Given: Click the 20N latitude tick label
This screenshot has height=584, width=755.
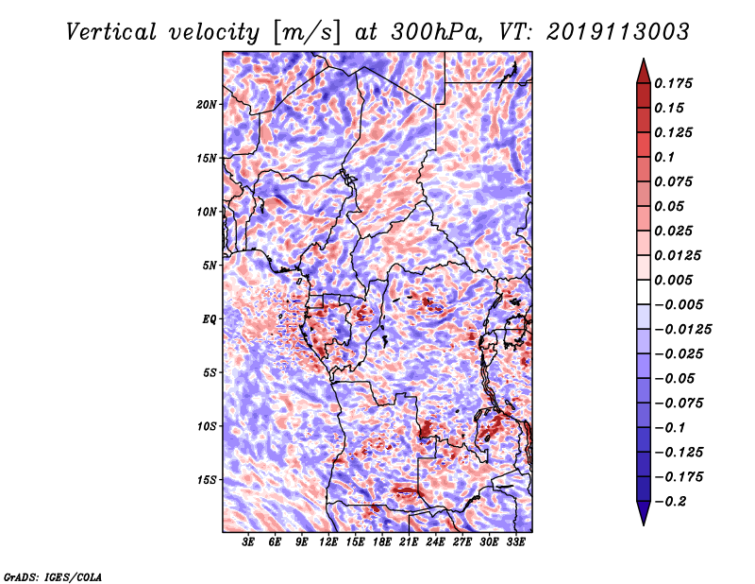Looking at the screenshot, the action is point(207,105).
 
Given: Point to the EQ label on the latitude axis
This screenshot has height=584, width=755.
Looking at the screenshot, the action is point(209,319).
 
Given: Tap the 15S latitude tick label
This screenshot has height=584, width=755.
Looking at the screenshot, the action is point(207,480).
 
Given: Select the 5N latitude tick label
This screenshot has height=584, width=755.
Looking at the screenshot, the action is point(210,266).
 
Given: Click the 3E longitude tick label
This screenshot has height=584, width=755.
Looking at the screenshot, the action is point(248,541).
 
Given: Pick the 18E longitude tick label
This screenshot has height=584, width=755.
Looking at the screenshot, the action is point(382,541).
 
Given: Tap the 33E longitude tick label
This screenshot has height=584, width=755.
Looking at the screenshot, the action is point(515,541).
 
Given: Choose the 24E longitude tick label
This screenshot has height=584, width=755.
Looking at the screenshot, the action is point(435,541).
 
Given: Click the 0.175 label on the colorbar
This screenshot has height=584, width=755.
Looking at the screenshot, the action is point(673,83).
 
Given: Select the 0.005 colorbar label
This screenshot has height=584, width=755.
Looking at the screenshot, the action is point(673,280).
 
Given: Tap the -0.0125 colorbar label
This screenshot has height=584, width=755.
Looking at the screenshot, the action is point(682,330).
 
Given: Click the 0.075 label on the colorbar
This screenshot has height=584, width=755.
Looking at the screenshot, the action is point(673,181).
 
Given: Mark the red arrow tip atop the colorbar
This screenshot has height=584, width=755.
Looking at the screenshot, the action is point(644,60).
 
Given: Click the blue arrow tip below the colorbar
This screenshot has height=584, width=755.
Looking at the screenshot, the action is point(644,524).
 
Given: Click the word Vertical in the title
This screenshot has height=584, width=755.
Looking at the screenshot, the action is point(111,32).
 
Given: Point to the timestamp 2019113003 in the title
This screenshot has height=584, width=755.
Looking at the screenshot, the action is point(618,32).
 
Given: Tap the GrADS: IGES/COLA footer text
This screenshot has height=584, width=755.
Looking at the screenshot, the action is point(53,576).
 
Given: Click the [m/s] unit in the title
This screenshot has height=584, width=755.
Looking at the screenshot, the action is point(307,33).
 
